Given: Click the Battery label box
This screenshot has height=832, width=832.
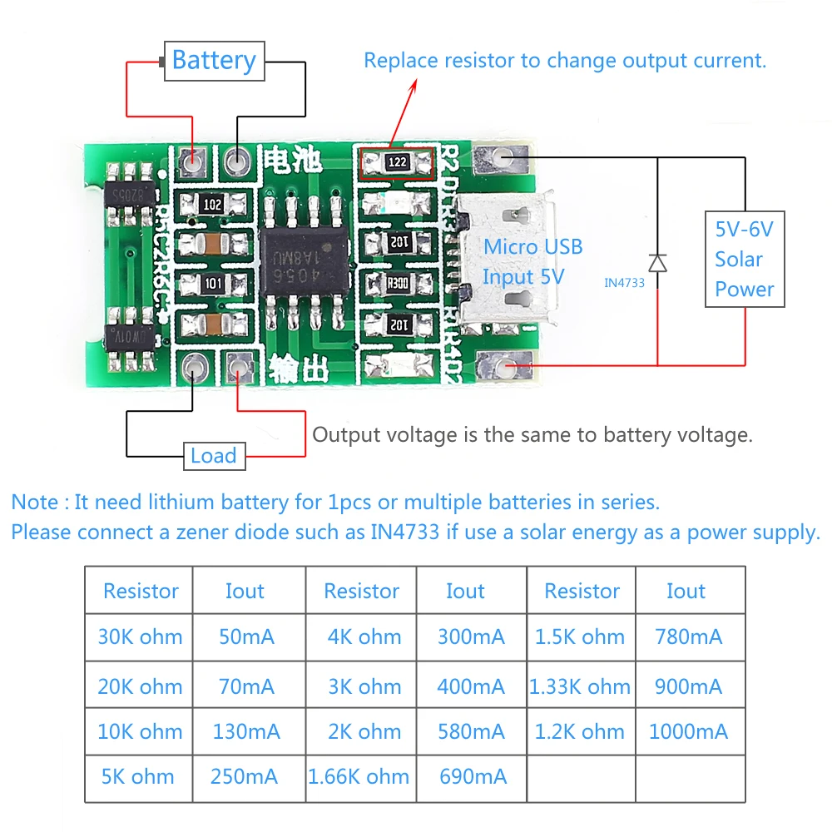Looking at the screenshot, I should pos(214,61).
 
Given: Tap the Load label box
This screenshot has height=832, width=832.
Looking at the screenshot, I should pos(214,456).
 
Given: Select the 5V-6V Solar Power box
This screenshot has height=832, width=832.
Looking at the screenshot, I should pos(744,259).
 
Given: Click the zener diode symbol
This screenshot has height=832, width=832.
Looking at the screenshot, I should pos(657,263).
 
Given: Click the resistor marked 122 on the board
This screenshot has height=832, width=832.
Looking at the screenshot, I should pos(399,162).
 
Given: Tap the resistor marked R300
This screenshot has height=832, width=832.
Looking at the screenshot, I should pos(399,283).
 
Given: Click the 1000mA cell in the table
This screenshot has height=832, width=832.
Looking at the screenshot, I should pos(688,732).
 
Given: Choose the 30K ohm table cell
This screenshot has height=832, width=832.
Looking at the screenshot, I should pos(140,637).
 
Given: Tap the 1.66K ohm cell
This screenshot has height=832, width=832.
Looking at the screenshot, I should pos(359,777).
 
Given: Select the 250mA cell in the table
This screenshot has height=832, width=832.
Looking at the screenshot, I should pos(243,777).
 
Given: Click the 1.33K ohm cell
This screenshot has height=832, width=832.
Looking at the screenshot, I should pos(580,687).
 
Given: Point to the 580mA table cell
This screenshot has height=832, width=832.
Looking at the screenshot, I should pos(471,732).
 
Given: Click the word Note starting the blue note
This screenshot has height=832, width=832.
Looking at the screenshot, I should pos(34,503).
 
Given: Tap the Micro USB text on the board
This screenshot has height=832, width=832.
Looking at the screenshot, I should pos(532,247).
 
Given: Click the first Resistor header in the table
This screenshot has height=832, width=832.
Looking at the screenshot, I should pos(141,592).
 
